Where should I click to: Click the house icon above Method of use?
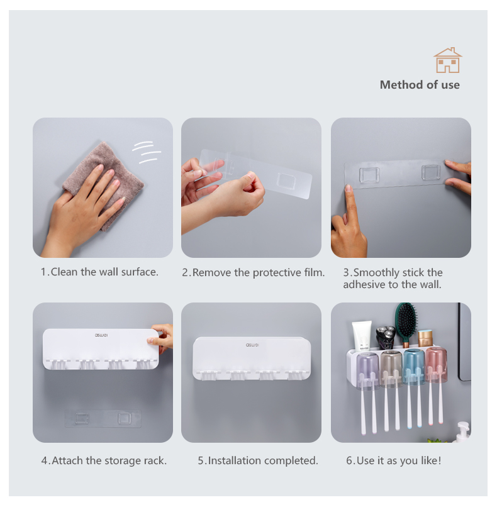pyautogui.click(x=447, y=60)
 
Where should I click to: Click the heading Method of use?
pyautogui.click(x=420, y=85)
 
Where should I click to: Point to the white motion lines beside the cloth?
pyautogui.click(x=147, y=152)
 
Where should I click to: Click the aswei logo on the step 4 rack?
pyautogui.click(x=101, y=335)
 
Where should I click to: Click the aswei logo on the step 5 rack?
pyautogui.click(x=252, y=345)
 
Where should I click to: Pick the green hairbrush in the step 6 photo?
pyautogui.click(x=406, y=325)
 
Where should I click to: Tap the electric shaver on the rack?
pyautogui.click(x=386, y=337)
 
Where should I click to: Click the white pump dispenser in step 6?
pyautogui.click(x=464, y=432)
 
